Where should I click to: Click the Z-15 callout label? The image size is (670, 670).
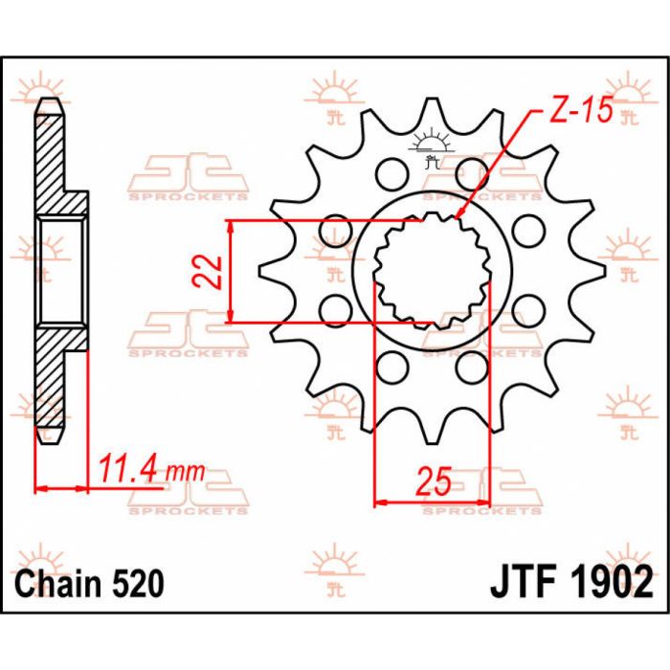580,112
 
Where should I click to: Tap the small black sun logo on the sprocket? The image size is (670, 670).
431,146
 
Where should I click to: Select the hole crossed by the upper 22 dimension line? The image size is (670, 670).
335,228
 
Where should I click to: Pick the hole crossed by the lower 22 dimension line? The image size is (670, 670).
335,309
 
